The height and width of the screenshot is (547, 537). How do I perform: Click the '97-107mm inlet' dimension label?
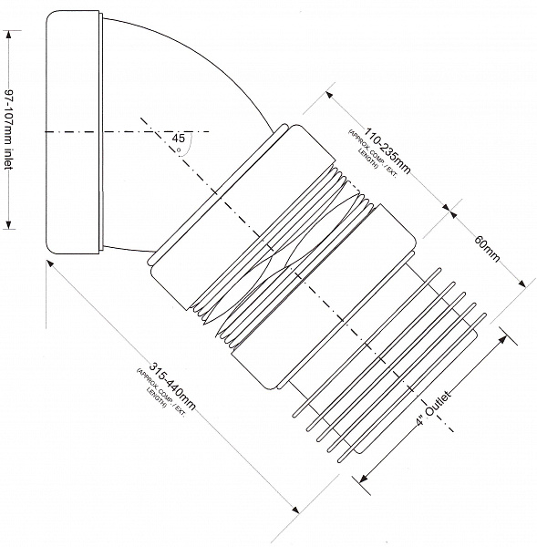[x=9, y=129]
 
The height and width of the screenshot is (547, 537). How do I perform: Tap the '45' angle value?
[x=179, y=139]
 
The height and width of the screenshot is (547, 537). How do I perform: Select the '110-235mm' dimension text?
[x=387, y=150]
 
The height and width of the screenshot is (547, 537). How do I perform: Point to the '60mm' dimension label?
[x=487, y=248]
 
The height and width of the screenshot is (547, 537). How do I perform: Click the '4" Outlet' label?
[x=434, y=408]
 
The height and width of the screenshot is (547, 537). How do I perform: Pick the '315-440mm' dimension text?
[x=172, y=387]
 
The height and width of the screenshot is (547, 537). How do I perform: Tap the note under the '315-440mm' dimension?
[x=160, y=388]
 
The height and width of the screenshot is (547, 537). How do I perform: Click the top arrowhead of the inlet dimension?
[x=9, y=35]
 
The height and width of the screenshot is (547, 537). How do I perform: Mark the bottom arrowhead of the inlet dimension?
[x=9, y=225]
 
